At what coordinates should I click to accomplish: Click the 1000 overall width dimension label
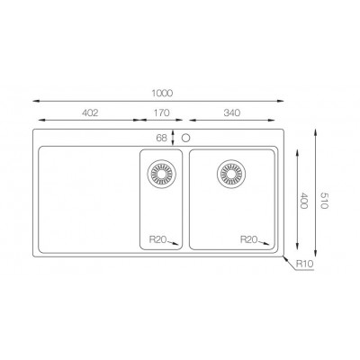click(162, 94)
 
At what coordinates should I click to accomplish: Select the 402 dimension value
click(90, 112)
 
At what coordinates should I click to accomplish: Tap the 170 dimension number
click(162, 112)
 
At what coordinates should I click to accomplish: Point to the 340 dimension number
click(232, 112)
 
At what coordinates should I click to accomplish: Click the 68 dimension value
click(161, 138)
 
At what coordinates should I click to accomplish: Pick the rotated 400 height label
click(303, 201)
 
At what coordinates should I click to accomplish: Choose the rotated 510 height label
click(324, 200)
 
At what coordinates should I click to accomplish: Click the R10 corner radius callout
click(304, 264)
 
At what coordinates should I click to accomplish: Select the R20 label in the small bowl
click(158, 239)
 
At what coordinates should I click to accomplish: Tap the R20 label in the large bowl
click(249, 239)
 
